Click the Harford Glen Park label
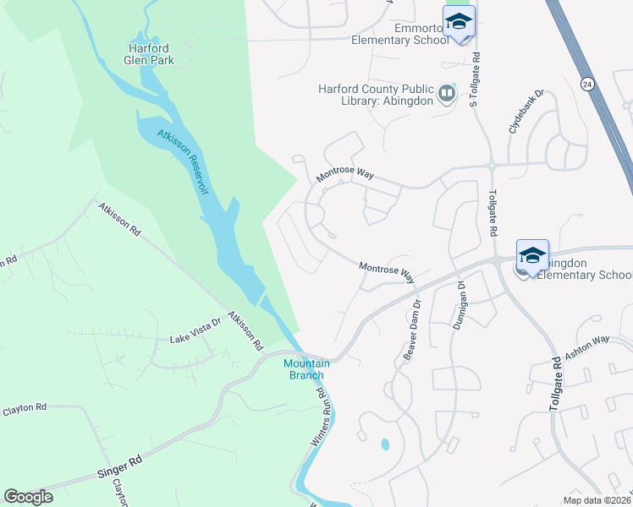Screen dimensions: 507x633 (149, 53)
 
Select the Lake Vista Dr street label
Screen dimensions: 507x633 (195, 338)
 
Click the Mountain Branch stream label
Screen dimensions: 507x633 (304, 369)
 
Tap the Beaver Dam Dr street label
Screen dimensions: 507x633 (411, 330)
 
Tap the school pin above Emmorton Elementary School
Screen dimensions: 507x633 (459, 22)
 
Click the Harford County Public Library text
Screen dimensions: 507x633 (376, 94)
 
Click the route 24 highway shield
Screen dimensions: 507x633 (586, 84)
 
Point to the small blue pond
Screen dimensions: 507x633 (386, 443)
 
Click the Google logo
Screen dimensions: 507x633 (29, 497)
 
